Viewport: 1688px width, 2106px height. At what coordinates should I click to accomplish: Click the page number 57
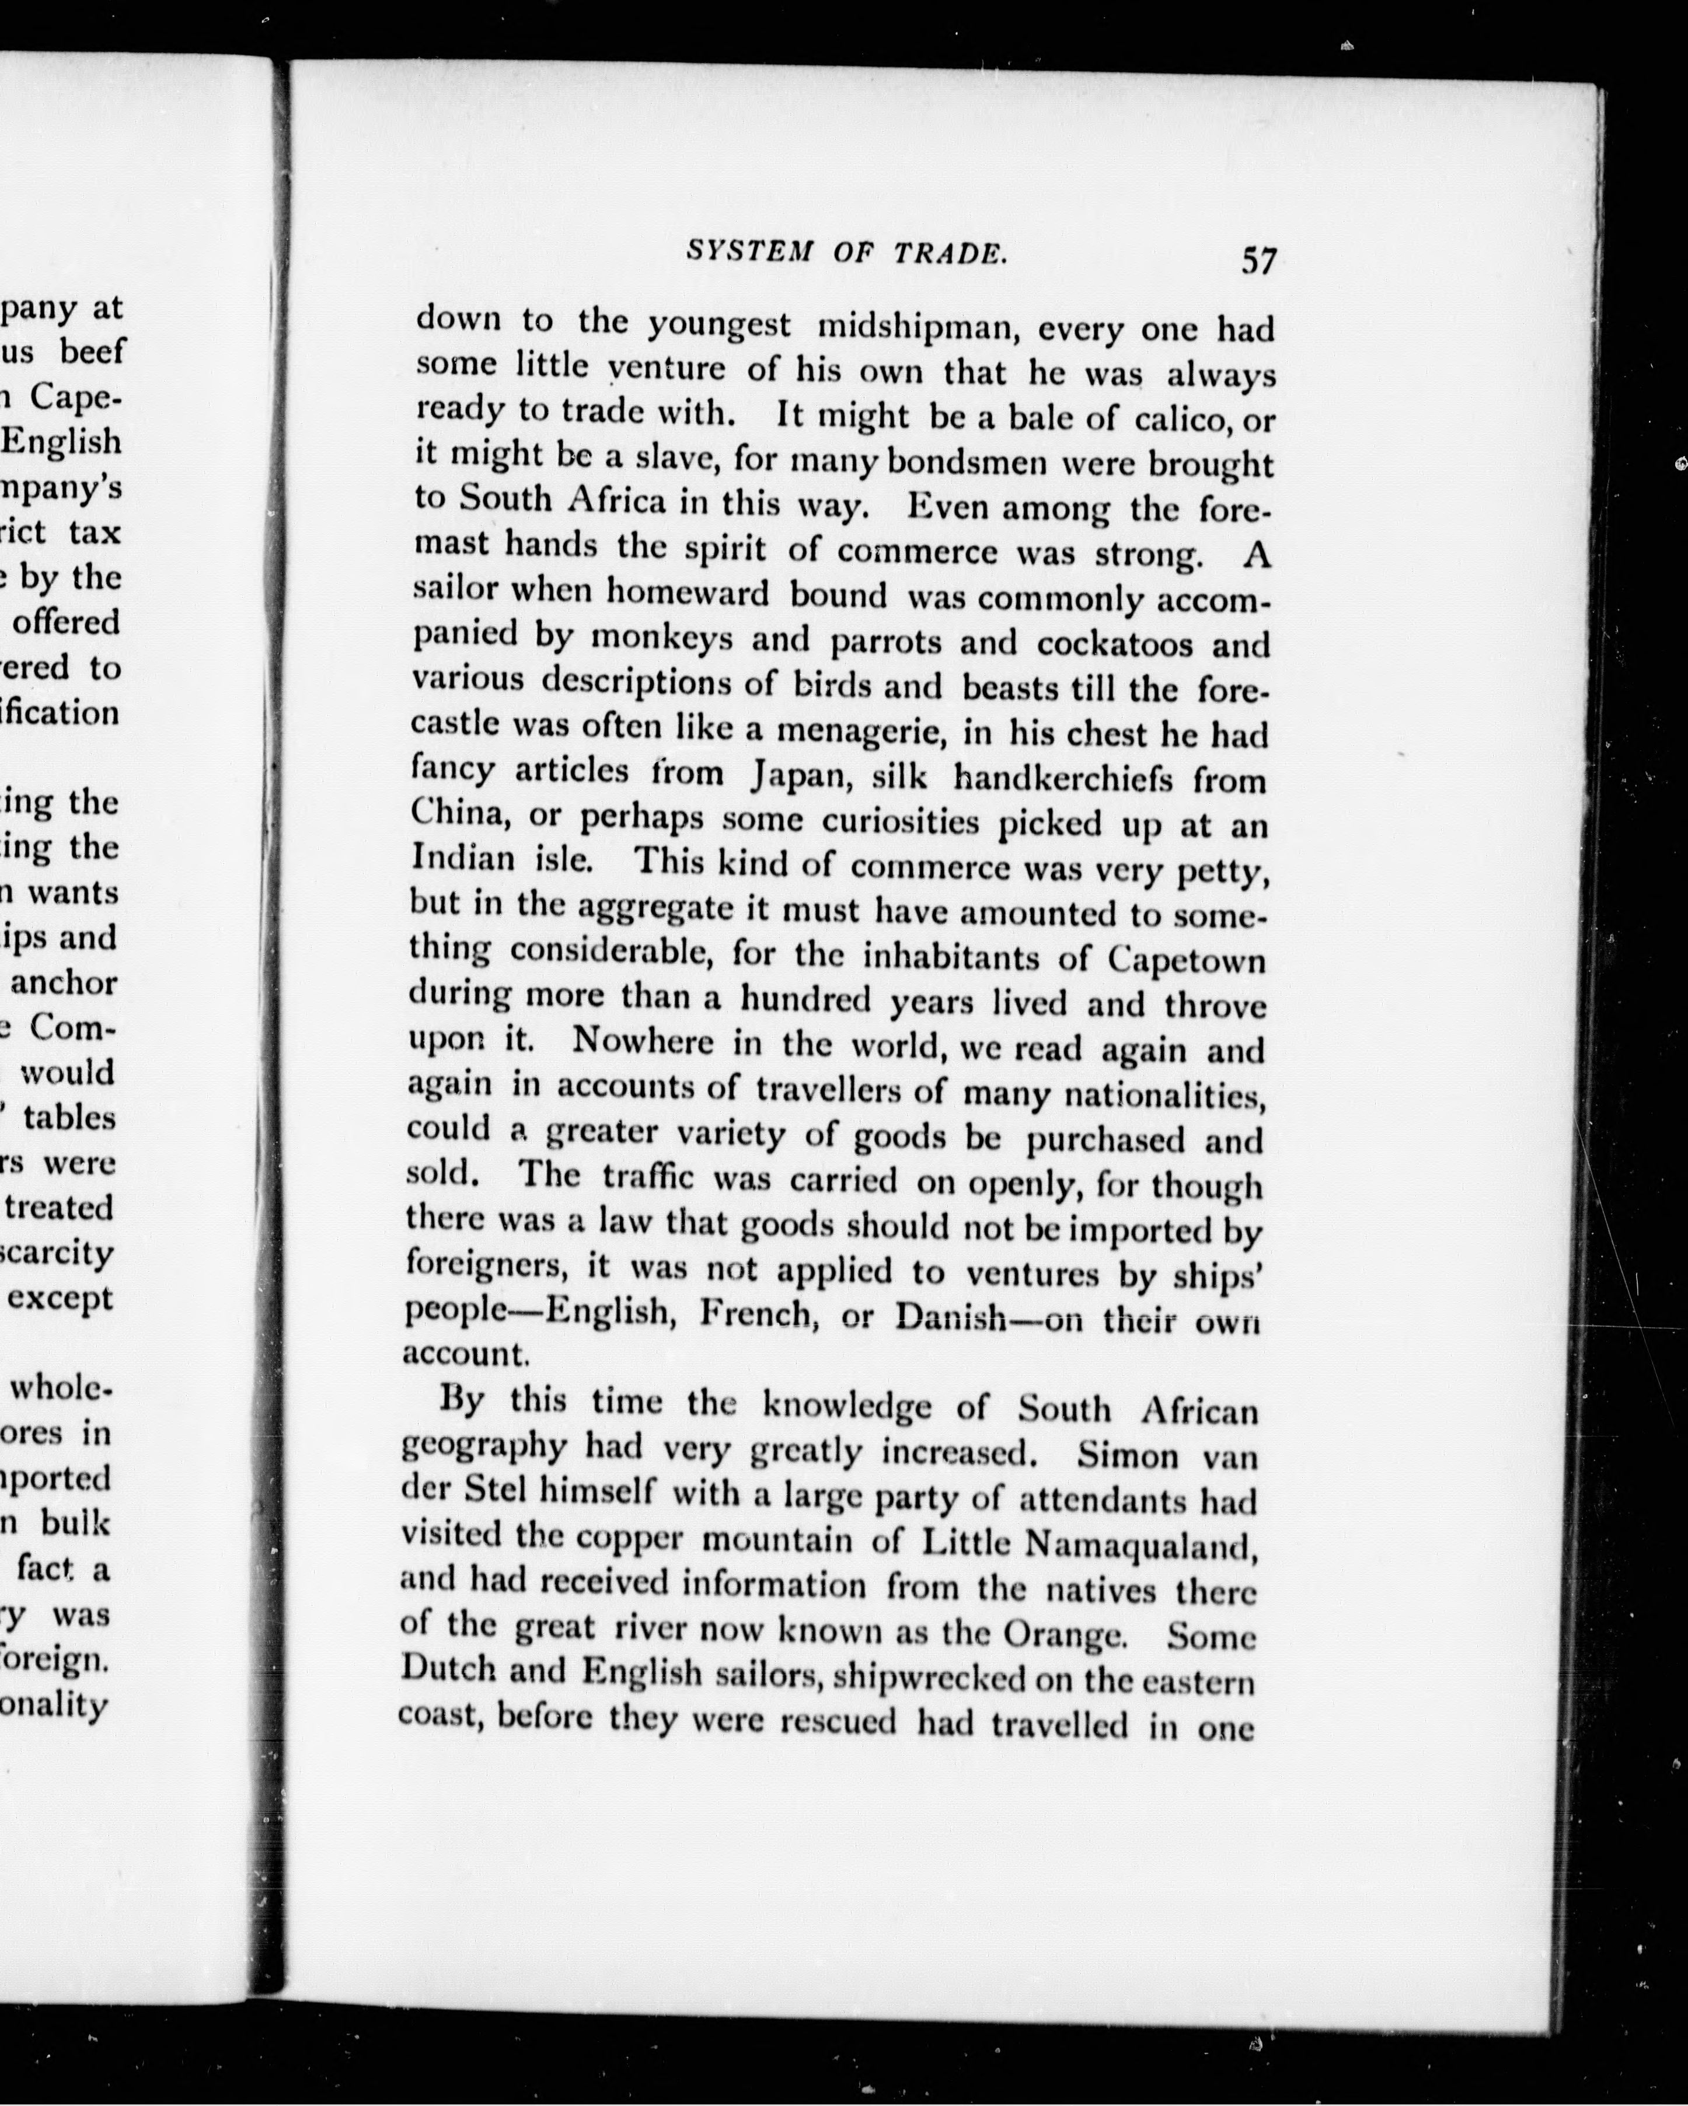(1258, 261)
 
